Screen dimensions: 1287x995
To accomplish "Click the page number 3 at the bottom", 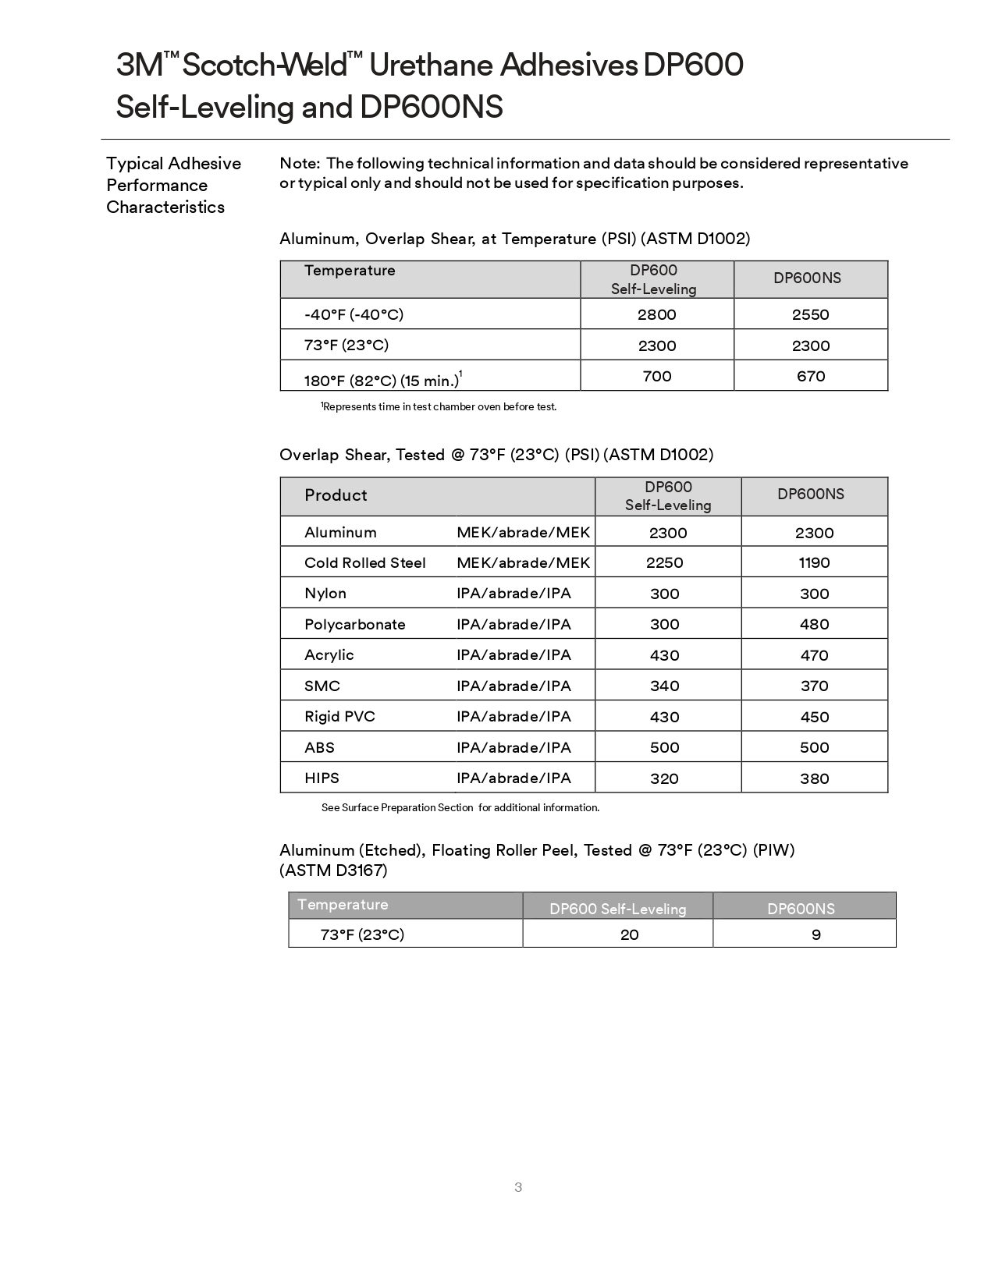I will [x=518, y=1187].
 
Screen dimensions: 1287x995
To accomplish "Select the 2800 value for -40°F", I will [x=656, y=314].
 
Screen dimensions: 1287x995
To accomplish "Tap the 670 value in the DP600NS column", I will [x=811, y=376].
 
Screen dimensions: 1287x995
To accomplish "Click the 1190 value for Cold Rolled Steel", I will [x=814, y=562].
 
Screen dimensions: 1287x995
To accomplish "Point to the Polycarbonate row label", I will [x=354, y=624].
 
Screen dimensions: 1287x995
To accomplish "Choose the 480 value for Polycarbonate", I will [x=814, y=624].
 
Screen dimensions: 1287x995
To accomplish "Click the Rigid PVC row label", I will [x=339, y=716].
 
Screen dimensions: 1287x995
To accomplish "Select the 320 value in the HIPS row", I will [x=664, y=778].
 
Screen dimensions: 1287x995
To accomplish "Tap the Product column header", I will [x=336, y=495].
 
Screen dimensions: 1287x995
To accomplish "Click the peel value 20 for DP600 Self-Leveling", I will [x=629, y=934].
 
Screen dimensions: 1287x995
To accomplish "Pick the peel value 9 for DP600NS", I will [x=816, y=934].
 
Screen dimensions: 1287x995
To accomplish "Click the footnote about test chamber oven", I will [x=439, y=406].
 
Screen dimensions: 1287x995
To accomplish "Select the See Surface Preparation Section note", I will [x=460, y=807].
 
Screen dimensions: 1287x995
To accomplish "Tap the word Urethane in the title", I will [x=429, y=66].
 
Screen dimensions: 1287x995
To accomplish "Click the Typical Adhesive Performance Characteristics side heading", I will [x=173, y=185].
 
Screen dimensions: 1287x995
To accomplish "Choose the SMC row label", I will [x=322, y=686].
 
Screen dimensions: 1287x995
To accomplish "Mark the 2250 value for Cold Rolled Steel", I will [x=664, y=562].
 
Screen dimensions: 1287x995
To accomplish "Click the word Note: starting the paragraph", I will [x=300, y=163].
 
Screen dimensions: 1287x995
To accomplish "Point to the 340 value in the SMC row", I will [x=664, y=686].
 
